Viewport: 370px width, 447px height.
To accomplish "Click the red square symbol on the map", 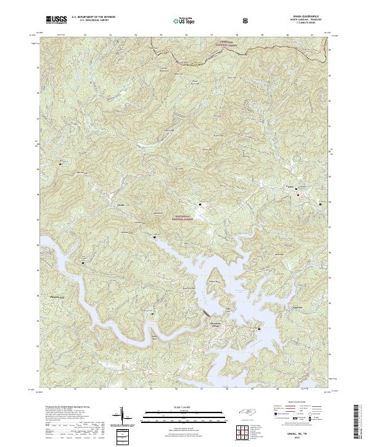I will point(298,195).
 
